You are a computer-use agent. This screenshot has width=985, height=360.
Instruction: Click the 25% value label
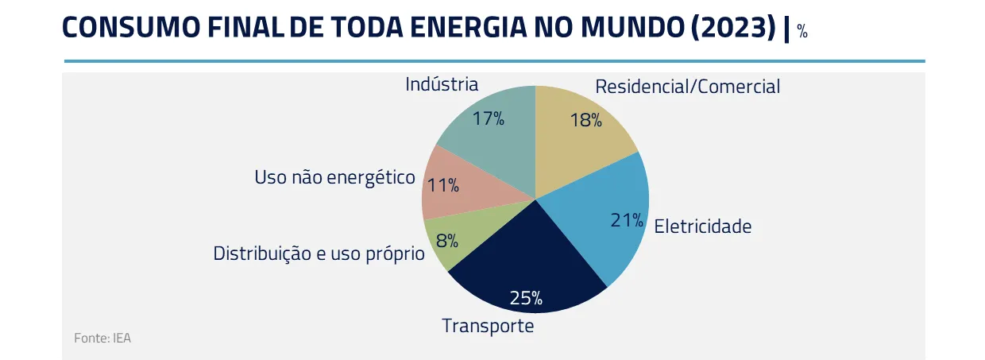(x=526, y=299)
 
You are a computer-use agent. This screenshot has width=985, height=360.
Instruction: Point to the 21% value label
(x=627, y=220)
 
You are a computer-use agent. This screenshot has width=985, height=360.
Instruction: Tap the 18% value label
(x=585, y=120)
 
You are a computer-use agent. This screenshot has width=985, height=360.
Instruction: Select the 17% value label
(x=488, y=119)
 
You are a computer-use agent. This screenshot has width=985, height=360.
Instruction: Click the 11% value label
(x=442, y=186)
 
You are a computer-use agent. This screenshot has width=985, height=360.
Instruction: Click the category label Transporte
(x=488, y=326)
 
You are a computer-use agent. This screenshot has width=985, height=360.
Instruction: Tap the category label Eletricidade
(x=702, y=226)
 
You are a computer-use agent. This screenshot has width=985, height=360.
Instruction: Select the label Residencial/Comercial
(x=688, y=87)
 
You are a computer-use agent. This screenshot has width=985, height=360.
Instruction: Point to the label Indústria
(x=442, y=84)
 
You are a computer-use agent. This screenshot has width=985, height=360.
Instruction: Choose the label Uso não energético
(x=334, y=177)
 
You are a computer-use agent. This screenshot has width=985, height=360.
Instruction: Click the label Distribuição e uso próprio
(x=319, y=254)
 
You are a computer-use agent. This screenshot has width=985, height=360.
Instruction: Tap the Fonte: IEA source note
(x=102, y=338)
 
